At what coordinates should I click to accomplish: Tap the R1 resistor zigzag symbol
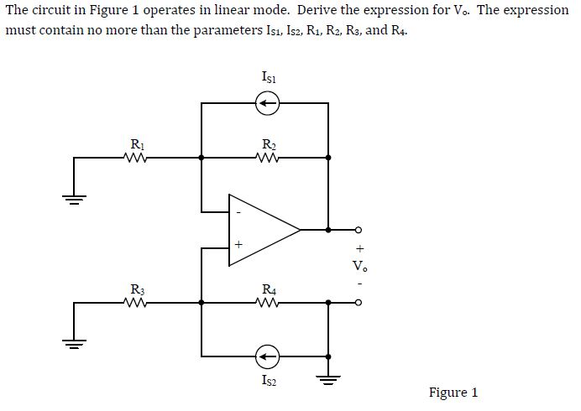click(133, 156)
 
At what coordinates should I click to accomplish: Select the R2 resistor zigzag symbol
click(266, 156)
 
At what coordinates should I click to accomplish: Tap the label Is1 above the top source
click(267, 78)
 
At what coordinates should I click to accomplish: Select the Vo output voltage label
click(359, 267)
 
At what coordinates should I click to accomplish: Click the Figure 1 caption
click(453, 392)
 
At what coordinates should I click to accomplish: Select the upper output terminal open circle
click(359, 229)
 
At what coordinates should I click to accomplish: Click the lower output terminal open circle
click(359, 305)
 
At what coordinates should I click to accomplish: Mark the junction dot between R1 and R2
click(202, 156)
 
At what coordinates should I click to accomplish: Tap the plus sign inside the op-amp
click(238, 246)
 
